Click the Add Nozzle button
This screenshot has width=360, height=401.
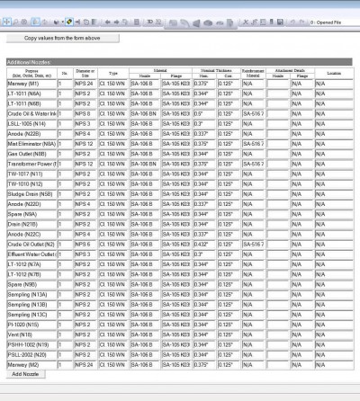pos(25,374)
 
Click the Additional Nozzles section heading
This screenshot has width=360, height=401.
pos(27,61)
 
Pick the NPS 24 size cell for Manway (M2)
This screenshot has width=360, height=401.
pos(85,365)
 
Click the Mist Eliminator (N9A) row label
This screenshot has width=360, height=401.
pos(31,144)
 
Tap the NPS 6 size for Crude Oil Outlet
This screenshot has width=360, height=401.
pos(85,244)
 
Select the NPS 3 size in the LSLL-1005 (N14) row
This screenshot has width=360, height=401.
pos(85,123)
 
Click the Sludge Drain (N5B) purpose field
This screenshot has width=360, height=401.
pos(31,194)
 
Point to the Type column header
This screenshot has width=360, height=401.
pos(112,73)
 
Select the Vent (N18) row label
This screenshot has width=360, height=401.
pos(31,334)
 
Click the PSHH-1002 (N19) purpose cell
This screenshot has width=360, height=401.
pos(31,344)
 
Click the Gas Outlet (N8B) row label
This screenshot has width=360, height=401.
pos(31,154)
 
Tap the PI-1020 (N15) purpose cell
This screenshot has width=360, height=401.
pos(31,325)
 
